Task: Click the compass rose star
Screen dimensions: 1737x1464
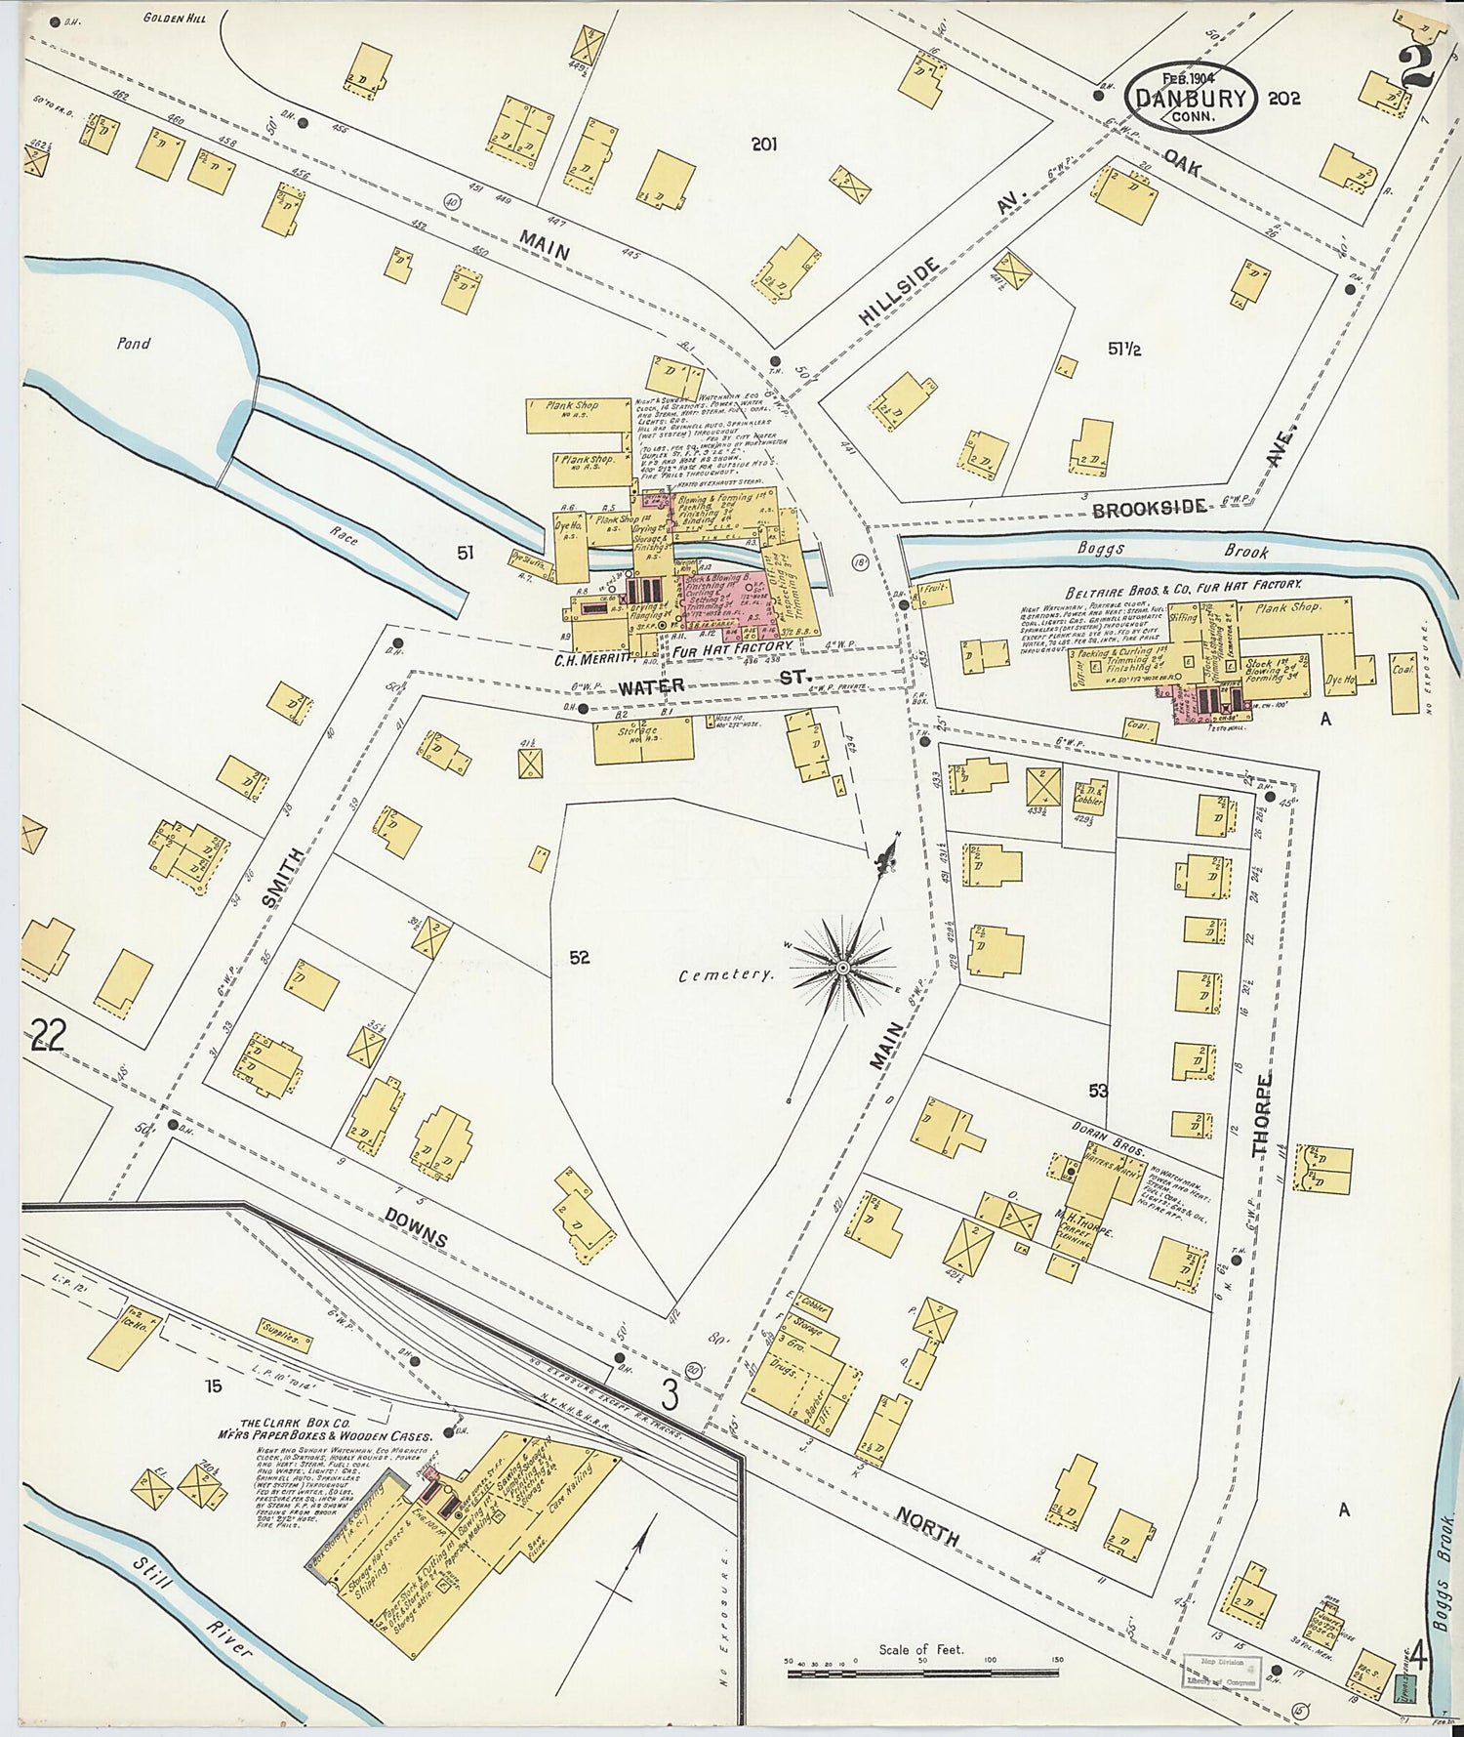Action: tap(841, 966)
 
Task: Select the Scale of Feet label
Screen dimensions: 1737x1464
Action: tap(920, 1649)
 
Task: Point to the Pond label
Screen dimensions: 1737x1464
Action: tap(134, 343)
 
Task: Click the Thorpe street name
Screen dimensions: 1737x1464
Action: tap(1263, 1115)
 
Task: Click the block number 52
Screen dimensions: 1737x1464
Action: tap(580, 958)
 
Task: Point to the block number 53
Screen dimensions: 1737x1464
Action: tap(1098, 1091)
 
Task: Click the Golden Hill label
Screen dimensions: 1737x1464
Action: tap(173, 18)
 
